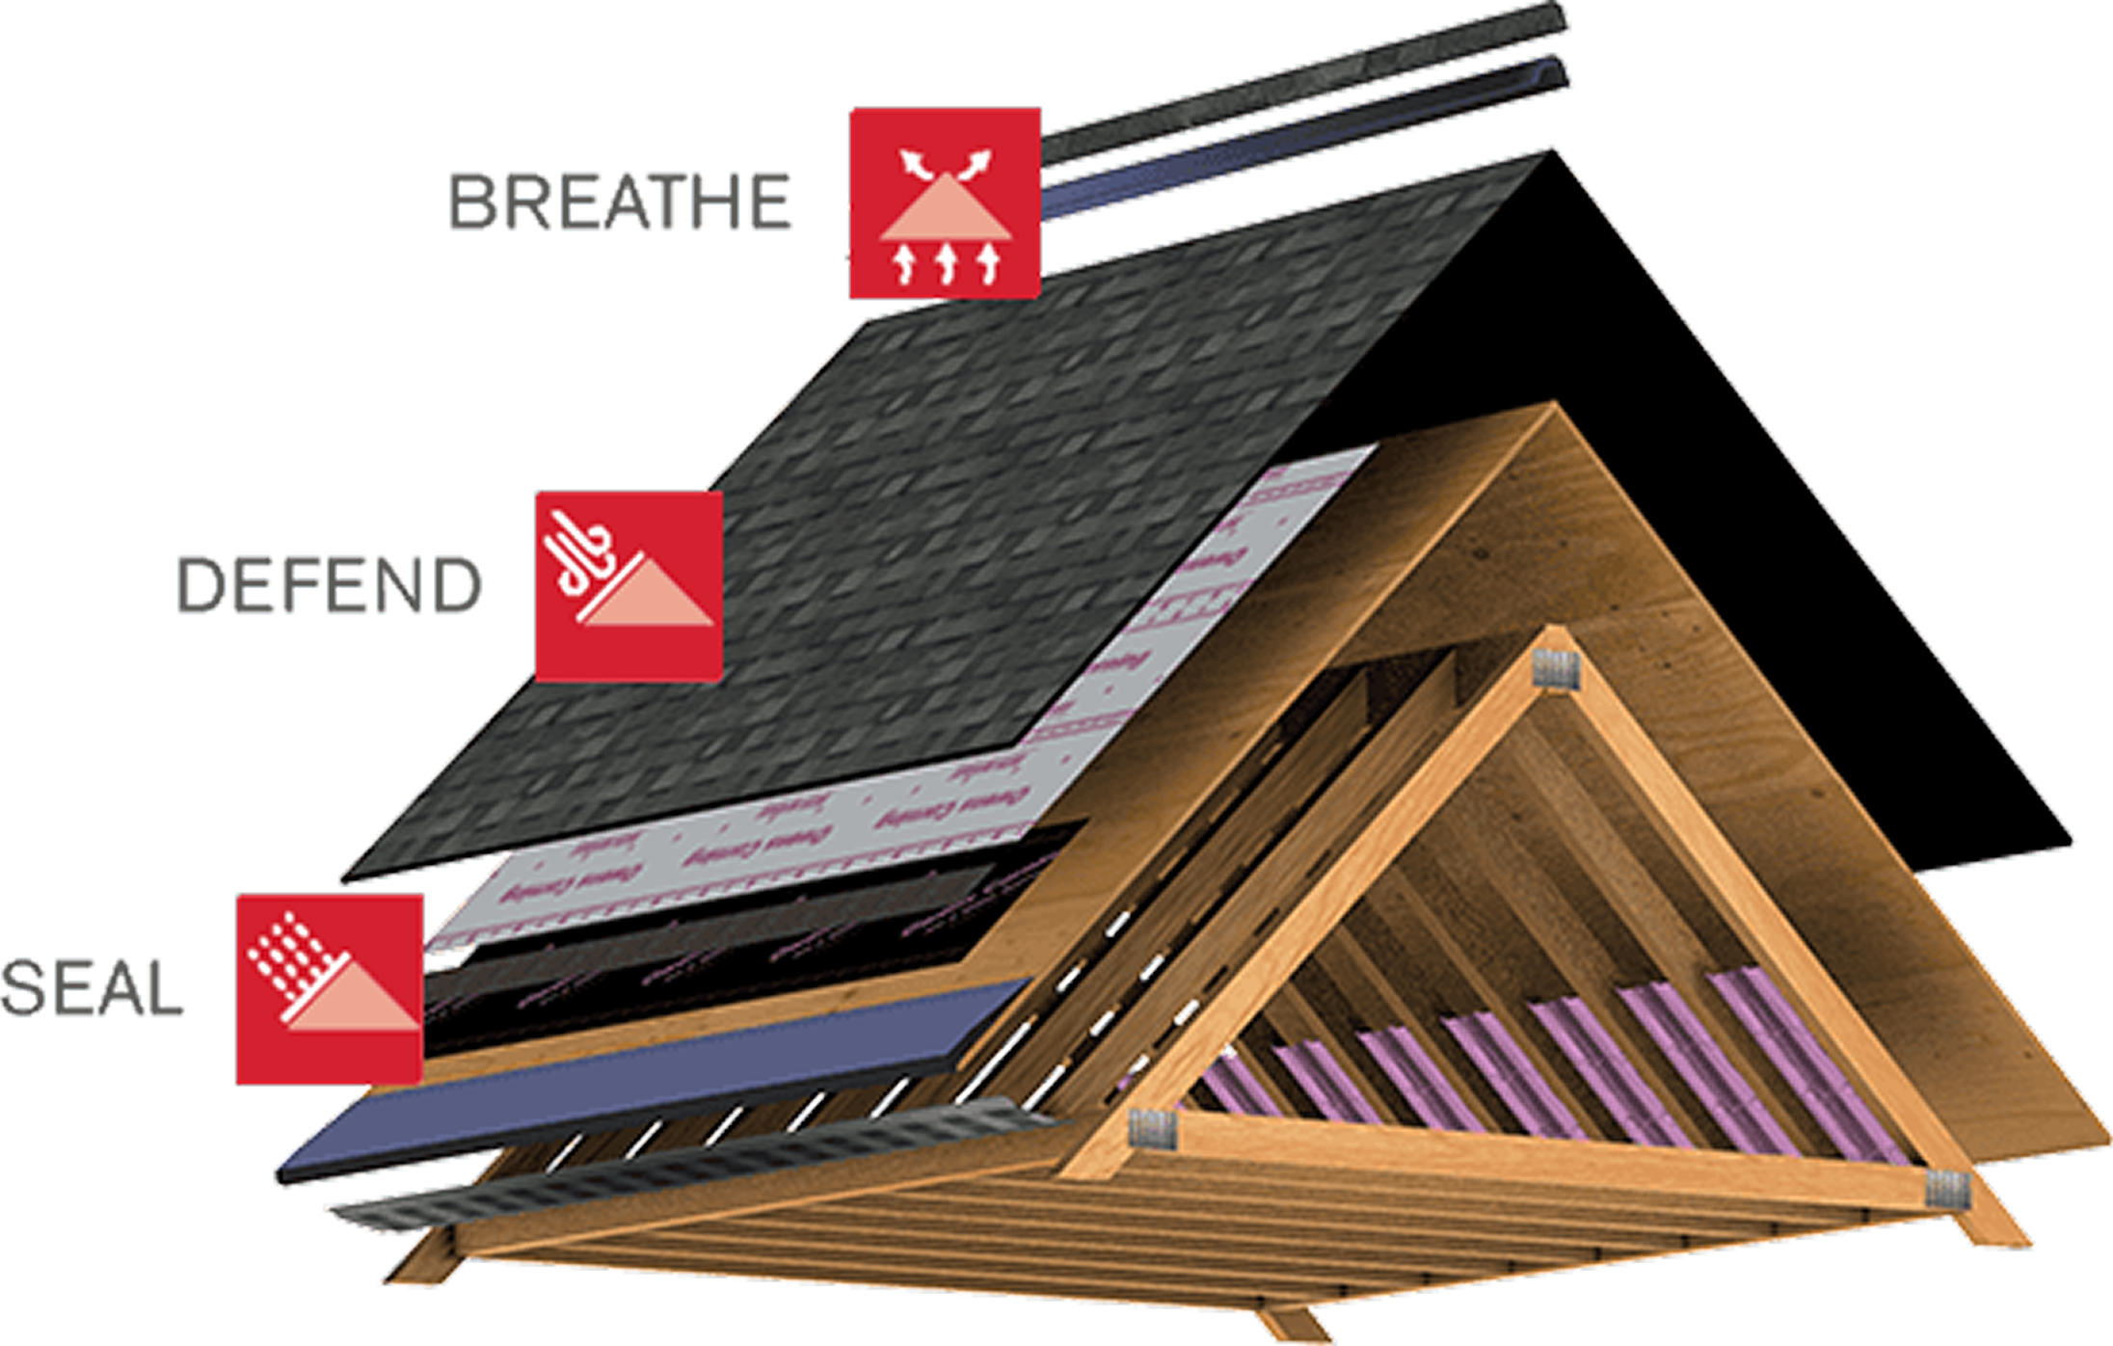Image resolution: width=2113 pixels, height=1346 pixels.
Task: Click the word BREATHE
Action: click(x=620, y=202)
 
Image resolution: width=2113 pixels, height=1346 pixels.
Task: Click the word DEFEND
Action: click(x=329, y=585)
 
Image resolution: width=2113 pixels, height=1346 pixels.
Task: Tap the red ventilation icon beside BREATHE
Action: click(x=944, y=202)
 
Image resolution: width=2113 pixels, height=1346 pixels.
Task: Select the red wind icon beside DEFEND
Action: click(x=629, y=585)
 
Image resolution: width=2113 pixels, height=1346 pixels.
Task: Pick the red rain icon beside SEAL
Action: click(x=330, y=988)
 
